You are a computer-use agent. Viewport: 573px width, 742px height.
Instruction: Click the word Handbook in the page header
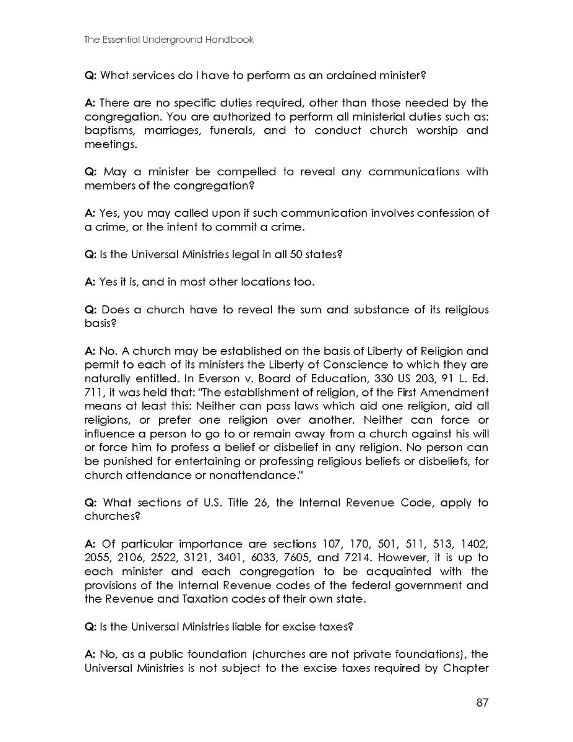(x=230, y=40)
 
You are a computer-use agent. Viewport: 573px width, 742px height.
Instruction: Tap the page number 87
(x=483, y=702)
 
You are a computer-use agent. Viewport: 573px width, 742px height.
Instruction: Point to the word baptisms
(x=109, y=131)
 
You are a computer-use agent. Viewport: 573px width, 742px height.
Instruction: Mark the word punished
(x=127, y=461)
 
